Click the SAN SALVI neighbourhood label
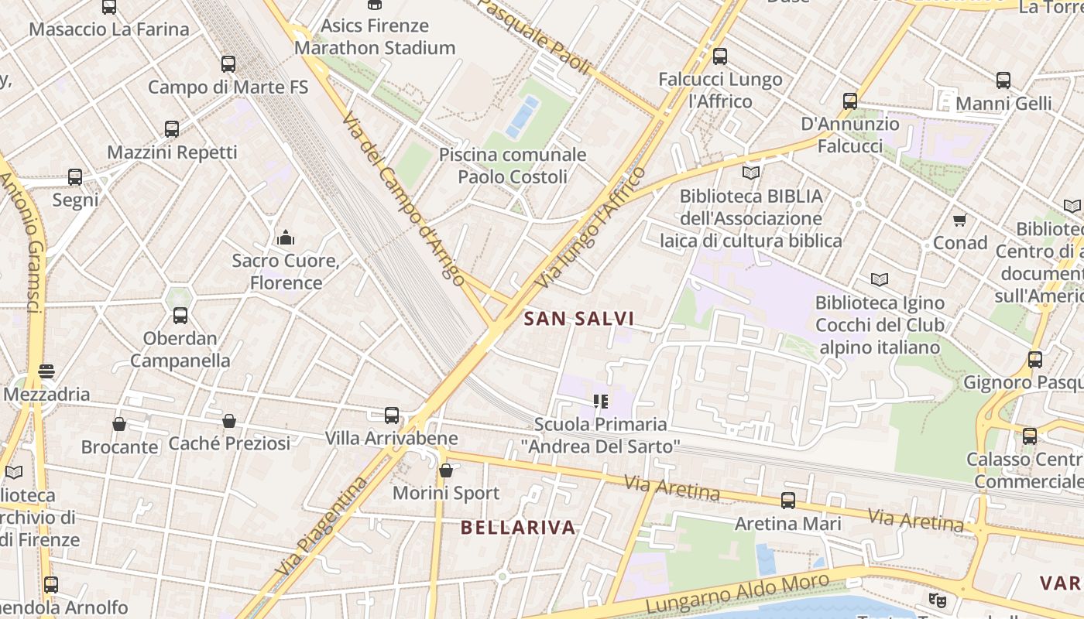(579, 318)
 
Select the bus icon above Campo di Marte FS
(228, 63)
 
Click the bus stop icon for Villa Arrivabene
(392, 416)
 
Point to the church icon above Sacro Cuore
(286, 237)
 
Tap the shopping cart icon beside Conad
(960, 221)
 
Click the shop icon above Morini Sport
(446, 470)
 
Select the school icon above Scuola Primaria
(600, 401)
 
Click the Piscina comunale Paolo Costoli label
(513, 166)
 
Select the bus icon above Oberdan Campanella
(180, 316)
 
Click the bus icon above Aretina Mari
(787, 501)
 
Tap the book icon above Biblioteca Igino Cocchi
(879, 279)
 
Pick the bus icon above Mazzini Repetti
(172, 129)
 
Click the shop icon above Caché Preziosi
(229, 421)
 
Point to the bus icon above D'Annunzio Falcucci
(850, 101)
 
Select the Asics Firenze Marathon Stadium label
(375, 36)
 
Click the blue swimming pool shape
(522, 116)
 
